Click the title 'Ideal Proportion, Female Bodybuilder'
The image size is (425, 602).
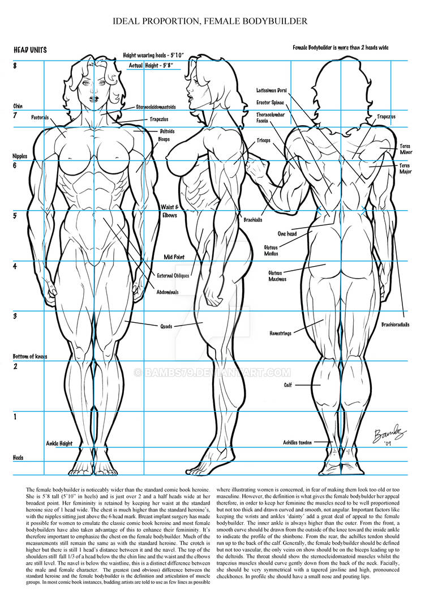click(210, 21)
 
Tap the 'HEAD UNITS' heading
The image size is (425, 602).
click(30, 50)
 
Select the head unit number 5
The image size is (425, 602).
click(15, 216)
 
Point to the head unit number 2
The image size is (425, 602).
click(15, 366)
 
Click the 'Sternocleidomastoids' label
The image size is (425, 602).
click(156, 107)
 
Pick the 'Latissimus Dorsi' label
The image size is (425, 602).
click(272, 91)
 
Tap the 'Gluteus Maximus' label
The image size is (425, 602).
click(277, 276)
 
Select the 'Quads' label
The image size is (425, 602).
click(166, 326)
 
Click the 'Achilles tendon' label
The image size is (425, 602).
click(297, 443)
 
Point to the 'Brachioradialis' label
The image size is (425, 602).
click(395, 325)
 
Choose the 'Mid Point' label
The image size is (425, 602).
click(174, 257)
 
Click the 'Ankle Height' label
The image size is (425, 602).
click(59, 443)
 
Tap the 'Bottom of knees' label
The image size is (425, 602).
click(30, 357)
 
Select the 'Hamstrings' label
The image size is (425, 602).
click(280, 334)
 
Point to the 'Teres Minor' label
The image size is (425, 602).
click(405, 150)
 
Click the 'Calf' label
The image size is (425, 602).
click(287, 385)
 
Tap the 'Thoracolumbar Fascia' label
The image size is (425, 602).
click(271, 118)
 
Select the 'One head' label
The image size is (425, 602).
click(287, 234)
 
